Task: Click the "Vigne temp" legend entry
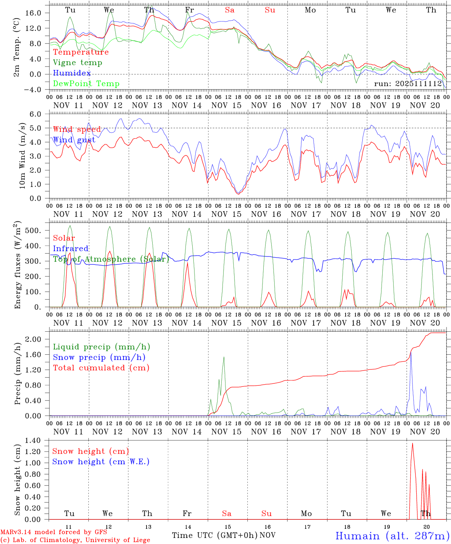[77, 63]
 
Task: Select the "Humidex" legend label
[72, 73]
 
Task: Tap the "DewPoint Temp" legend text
[86, 84]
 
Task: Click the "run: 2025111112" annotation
[408, 84]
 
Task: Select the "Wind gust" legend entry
[74, 140]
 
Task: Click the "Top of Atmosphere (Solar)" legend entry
[111, 259]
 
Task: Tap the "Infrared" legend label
[71, 249]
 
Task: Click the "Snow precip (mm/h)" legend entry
[99, 357]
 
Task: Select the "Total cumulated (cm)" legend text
[101, 368]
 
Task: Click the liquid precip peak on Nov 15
[224, 357]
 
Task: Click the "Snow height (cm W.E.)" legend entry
[101, 462]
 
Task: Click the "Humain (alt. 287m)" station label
[392, 536]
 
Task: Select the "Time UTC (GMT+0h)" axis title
[215, 535]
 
